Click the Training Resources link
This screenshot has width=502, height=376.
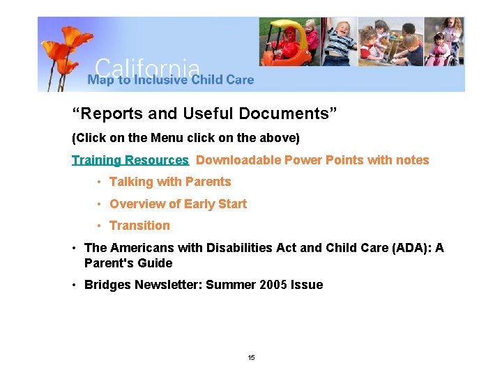(130, 160)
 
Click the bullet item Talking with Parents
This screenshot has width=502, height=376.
(169, 182)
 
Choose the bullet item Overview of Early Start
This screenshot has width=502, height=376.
(178, 204)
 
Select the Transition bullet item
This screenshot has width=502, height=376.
(139, 226)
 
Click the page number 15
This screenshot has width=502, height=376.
(251, 358)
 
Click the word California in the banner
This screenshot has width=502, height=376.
(147, 68)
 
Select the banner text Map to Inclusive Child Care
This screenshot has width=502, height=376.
(171, 80)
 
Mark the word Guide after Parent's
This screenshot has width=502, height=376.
(157, 263)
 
